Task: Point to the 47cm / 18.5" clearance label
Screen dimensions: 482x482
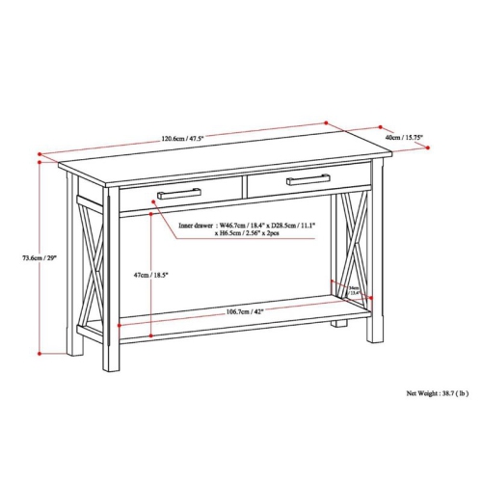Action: click(152, 276)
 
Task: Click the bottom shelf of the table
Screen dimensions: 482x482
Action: click(231, 325)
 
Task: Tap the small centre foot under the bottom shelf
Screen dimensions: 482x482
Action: click(337, 336)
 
